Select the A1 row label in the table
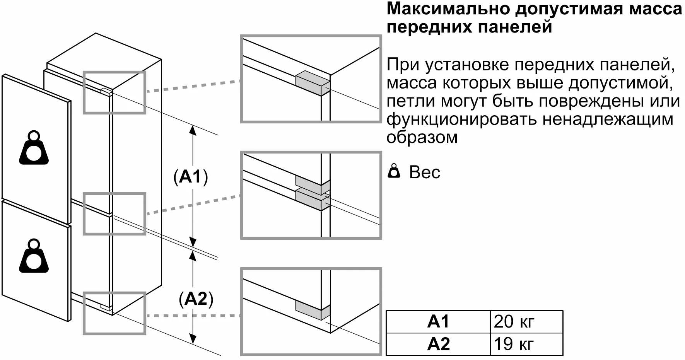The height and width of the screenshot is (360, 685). [x=438, y=322]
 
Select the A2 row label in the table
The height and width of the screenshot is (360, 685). [x=438, y=344]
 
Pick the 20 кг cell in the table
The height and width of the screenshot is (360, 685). [x=514, y=322]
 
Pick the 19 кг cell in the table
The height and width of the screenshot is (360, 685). [x=514, y=344]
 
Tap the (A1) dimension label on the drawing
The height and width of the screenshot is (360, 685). [x=191, y=177]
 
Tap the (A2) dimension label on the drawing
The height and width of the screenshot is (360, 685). [x=196, y=299]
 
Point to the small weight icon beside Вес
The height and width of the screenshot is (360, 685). [x=394, y=171]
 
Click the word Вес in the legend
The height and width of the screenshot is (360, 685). [x=425, y=172]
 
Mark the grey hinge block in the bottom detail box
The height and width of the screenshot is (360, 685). [x=312, y=310]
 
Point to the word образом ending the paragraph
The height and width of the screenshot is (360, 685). [x=422, y=138]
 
